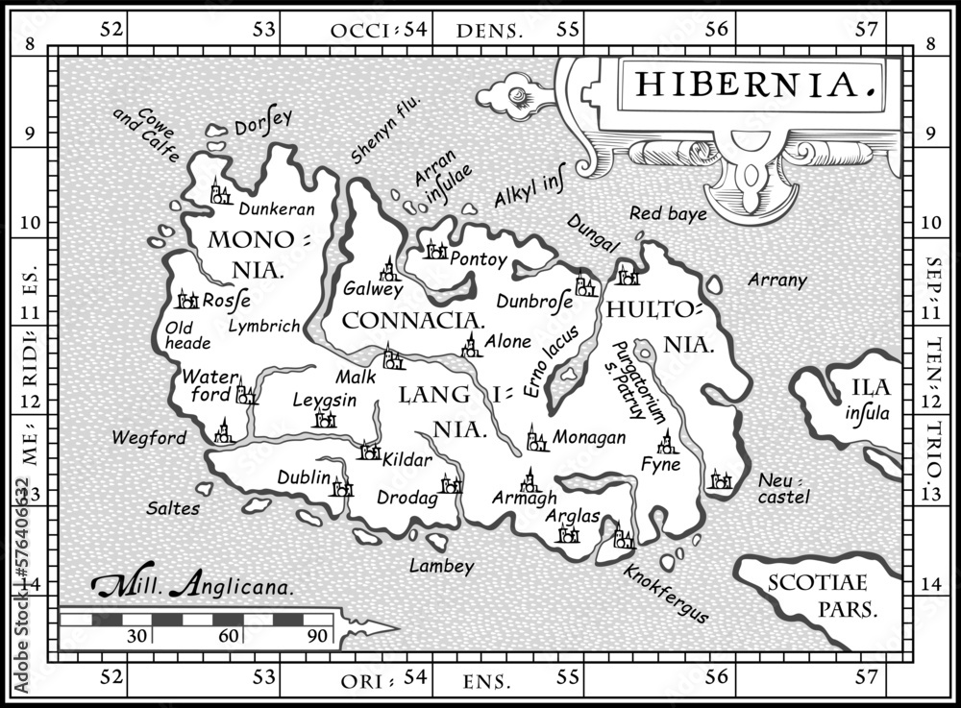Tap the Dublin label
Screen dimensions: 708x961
coord(304,476)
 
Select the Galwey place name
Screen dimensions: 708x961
coord(373,288)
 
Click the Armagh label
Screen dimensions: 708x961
coord(524,498)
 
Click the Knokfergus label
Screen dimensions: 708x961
coord(666,592)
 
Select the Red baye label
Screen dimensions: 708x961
coord(668,213)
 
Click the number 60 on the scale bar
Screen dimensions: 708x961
coord(228,635)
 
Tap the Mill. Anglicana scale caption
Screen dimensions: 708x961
coord(192,584)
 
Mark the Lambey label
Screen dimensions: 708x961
coord(441,567)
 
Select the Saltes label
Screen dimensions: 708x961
coord(173,508)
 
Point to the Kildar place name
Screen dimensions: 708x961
coord(406,460)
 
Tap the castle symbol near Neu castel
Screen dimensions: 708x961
coord(720,479)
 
